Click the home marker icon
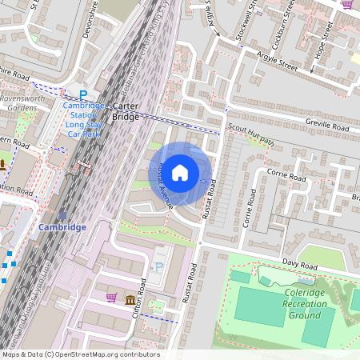pyautogui.click(x=180, y=173)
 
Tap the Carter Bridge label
pyautogui.click(x=125, y=111)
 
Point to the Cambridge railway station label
pyautogui.click(x=62, y=227)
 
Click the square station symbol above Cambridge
pyautogui.click(x=62, y=214)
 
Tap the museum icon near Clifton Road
pyautogui.click(x=130, y=300)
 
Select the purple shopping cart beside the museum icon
pyautogui.click(x=111, y=298)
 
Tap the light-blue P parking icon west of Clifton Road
pyautogui.click(x=158, y=267)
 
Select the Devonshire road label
pyautogui.click(x=89, y=18)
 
